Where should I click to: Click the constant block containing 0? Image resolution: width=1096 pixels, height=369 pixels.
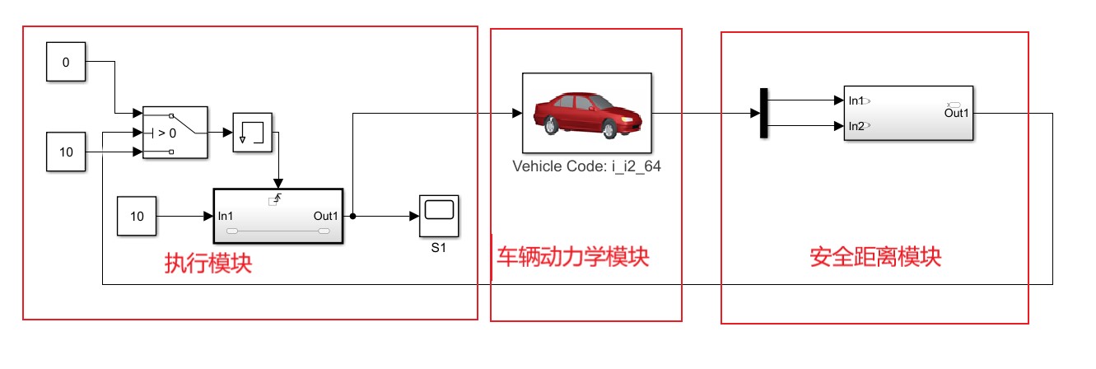[66, 62]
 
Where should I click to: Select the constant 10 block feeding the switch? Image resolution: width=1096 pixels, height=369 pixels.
[66, 152]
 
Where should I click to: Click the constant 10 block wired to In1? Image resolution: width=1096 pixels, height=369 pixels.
[137, 217]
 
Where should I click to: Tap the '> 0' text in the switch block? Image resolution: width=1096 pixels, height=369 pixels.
[167, 133]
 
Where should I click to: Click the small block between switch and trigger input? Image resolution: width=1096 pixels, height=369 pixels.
[253, 133]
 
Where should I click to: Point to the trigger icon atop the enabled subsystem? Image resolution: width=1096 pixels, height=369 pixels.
[276, 199]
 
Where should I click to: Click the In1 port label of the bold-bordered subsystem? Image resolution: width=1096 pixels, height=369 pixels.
[226, 217]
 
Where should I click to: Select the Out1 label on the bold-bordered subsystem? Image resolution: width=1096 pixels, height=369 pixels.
[326, 217]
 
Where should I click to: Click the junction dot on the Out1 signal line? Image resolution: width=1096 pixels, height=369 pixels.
[352, 216]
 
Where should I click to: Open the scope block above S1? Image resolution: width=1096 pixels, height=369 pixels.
[440, 217]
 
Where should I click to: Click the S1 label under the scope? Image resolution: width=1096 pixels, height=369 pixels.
[438, 248]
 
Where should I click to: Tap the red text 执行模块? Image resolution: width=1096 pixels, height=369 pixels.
[208, 264]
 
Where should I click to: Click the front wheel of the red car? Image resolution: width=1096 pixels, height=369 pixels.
[609, 129]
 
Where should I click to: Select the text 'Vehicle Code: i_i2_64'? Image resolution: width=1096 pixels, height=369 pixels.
[586, 166]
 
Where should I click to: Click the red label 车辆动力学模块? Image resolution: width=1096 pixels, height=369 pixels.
[573, 257]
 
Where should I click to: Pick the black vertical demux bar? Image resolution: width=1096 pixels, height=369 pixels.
[764, 113]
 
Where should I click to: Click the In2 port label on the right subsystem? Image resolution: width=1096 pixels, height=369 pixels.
[856, 126]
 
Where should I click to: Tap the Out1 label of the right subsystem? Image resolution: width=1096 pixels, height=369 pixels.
[957, 113]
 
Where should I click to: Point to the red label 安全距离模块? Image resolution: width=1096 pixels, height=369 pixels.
[875, 257]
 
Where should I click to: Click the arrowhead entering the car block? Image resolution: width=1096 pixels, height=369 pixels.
[517, 113]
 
